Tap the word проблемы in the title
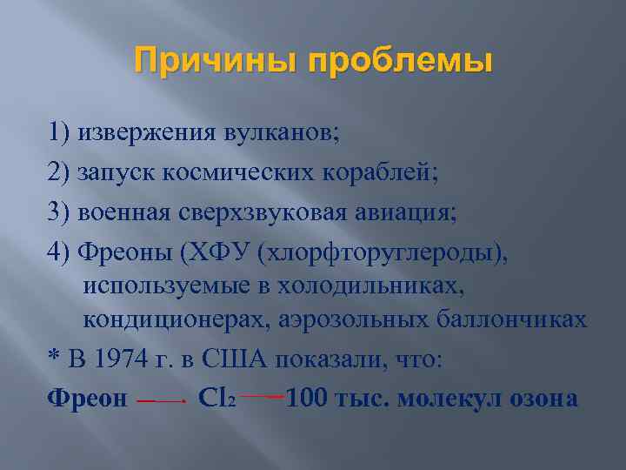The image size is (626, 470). pyautogui.click(x=408, y=63)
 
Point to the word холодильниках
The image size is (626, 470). pyautogui.click(x=405, y=283)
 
